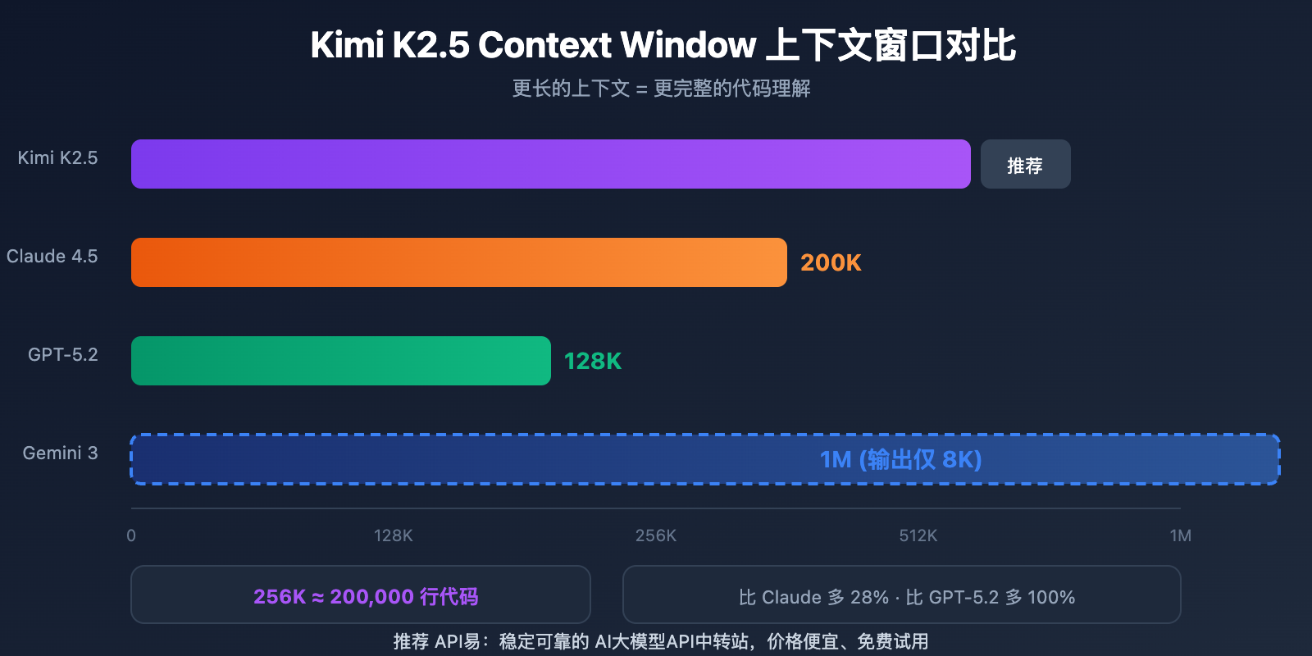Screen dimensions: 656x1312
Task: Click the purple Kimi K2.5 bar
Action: coord(550,164)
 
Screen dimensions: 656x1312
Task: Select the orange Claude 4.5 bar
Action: coord(458,262)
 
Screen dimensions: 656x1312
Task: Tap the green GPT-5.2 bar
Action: coord(340,361)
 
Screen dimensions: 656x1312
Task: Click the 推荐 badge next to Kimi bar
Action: coord(1025,165)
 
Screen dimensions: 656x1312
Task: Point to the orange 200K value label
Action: coord(831,262)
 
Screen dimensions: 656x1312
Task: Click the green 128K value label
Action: coord(593,361)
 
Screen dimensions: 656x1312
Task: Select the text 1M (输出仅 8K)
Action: coord(900,459)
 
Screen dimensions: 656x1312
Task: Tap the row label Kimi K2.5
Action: coord(57,157)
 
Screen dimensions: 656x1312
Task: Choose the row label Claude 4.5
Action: coord(52,256)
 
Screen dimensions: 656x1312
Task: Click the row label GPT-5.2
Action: coord(62,354)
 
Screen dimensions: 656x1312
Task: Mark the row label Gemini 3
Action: coord(60,453)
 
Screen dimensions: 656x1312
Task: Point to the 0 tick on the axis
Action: coord(131,535)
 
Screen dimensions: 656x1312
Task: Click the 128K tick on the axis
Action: coord(394,535)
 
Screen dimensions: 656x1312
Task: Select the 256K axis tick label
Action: coord(656,535)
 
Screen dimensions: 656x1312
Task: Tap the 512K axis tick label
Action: coord(918,535)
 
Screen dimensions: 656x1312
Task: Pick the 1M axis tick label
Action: coord(1180,535)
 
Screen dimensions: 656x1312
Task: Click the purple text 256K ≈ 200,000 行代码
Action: coord(366,596)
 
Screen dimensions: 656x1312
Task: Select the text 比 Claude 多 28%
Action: coord(813,597)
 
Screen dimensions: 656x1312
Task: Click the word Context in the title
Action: coord(544,45)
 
